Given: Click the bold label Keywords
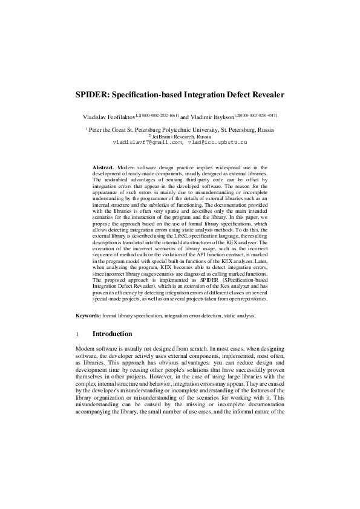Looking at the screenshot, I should [88, 316].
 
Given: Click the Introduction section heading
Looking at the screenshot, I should [112, 334].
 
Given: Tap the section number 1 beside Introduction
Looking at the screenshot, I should [77, 334].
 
